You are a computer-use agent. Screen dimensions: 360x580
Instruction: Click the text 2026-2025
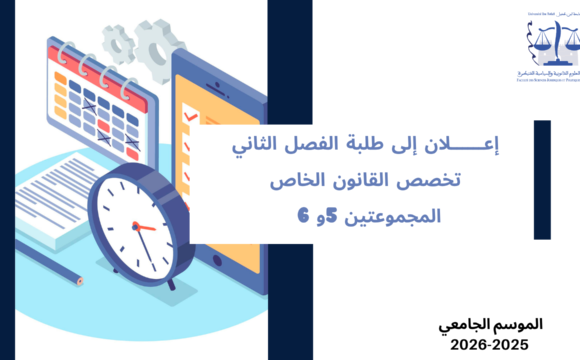tap(500, 342)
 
